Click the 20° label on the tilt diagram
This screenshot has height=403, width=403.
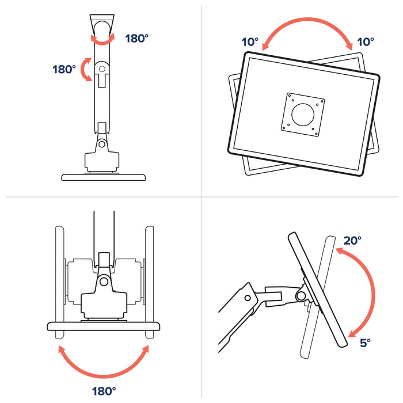pyautogui.click(x=353, y=241)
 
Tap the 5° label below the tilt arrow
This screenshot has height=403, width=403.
pyautogui.click(x=365, y=343)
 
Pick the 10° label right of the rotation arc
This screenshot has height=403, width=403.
pyautogui.click(x=365, y=42)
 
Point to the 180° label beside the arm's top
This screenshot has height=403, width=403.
pyautogui.click(x=136, y=39)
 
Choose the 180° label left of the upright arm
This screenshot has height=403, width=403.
pyautogui.click(x=64, y=69)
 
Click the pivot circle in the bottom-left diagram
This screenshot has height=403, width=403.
pyautogui.click(x=104, y=281)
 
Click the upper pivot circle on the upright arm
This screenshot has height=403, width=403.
pyautogui.click(x=102, y=69)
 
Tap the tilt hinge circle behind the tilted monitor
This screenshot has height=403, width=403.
pyautogui.click(x=300, y=295)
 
